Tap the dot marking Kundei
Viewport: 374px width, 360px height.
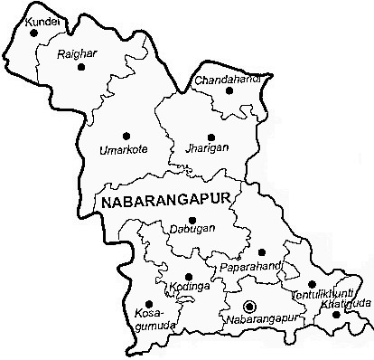[34, 33]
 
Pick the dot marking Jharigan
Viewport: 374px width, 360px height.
[210, 137]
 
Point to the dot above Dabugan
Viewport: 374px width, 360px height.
[192, 219]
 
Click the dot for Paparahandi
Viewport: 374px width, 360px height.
[261, 252]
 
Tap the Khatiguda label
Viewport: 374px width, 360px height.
[339, 307]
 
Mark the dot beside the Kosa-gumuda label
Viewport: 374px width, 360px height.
[148, 302]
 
